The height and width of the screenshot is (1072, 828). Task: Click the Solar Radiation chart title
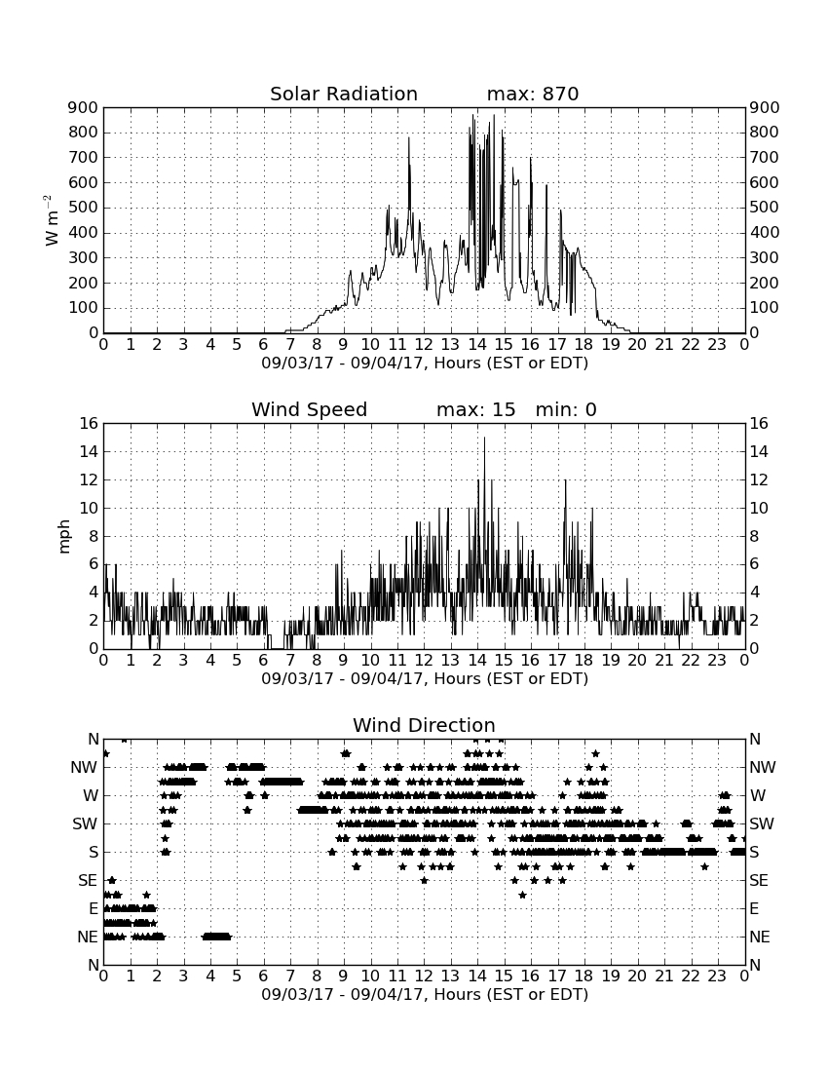[x=344, y=94]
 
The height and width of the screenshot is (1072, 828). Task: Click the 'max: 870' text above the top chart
[x=533, y=94]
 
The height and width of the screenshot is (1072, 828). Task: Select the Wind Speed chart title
[x=310, y=409]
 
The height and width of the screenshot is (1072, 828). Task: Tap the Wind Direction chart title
[x=424, y=725]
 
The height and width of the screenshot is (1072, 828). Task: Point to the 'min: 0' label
[x=566, y=409]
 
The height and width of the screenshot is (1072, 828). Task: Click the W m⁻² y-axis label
[x=52, y=220]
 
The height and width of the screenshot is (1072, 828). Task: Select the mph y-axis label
[x=64, y=536]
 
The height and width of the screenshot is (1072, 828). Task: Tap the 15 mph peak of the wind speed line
[x=484, y=438]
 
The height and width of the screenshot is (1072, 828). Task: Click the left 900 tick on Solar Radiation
[x=84, y=107]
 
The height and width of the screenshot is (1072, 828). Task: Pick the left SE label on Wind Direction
[x=88, y=881]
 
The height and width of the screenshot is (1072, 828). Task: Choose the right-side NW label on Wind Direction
[x=763, y=767]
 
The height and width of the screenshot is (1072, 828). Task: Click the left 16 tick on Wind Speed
[x=89, y=423]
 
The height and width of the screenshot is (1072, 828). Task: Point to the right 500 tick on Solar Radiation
[x=765, y=208]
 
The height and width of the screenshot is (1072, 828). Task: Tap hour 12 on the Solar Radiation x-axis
[x=424, y=344]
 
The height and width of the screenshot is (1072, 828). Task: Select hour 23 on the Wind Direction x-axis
[x=717, y=976]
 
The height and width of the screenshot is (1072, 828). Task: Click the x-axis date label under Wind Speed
[x=425, y=679]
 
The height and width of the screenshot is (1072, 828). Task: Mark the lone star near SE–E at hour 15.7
[x=523, y=895]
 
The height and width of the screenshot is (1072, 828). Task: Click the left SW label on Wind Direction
[x=85, y=823]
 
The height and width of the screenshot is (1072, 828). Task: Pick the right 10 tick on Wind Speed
[x=759, y=508]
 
